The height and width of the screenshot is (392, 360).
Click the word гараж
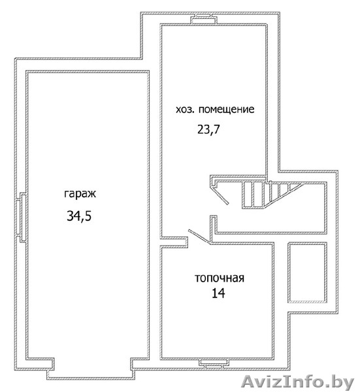coord(80,194)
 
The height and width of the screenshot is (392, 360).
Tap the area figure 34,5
coord(79,216)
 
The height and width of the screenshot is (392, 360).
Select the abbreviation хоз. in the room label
coord(185,110)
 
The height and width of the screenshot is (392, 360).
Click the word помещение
coord(227,110)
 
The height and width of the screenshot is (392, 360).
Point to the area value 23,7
coord(208,129)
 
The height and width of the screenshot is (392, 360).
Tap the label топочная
coord(220,278)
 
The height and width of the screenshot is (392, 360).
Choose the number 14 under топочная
coord(218,293)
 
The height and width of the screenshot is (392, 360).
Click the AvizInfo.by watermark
coord(298,382)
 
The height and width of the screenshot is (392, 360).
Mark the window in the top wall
coord(203,19)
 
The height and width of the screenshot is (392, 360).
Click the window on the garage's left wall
coord(22,217)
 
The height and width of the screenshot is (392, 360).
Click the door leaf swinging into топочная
coord(199,237)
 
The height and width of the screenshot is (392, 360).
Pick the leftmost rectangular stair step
coord(248,195)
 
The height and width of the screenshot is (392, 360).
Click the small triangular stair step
coord(294,186)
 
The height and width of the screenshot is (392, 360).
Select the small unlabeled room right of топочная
coord(307,272)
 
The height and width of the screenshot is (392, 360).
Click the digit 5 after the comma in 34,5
coord(88,216)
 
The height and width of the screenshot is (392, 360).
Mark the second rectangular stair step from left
coord(258,195)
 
